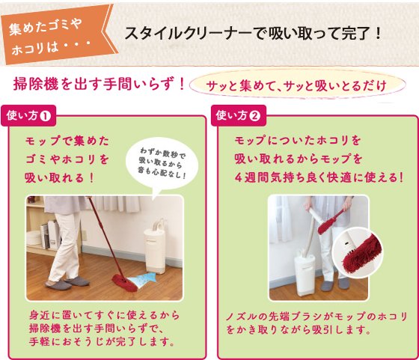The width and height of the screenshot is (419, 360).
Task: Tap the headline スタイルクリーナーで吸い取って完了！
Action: click(x=253, y=34)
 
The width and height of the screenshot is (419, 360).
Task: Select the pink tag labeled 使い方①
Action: click(x=28, y=116)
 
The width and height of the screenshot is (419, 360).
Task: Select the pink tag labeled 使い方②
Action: click(x=239, y=116)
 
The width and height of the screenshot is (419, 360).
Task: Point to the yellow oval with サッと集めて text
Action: click(x=297, y=85)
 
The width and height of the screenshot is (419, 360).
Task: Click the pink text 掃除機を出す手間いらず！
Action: click(x=99, y=83)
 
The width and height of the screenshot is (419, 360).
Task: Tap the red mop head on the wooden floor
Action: click(x=124, y=283)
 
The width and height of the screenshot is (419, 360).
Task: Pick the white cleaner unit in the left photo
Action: click(x=154, y=246)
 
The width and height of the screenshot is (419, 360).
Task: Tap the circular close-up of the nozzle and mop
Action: click(x=358, y=253)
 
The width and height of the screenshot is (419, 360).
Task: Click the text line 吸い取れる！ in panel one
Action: click(x=59, y=177)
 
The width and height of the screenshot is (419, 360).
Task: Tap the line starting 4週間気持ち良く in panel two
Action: click(x=319, y=177)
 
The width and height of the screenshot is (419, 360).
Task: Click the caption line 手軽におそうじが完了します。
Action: click(x=102, y=342)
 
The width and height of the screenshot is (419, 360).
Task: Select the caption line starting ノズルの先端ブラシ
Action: click(x=316, y=317)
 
